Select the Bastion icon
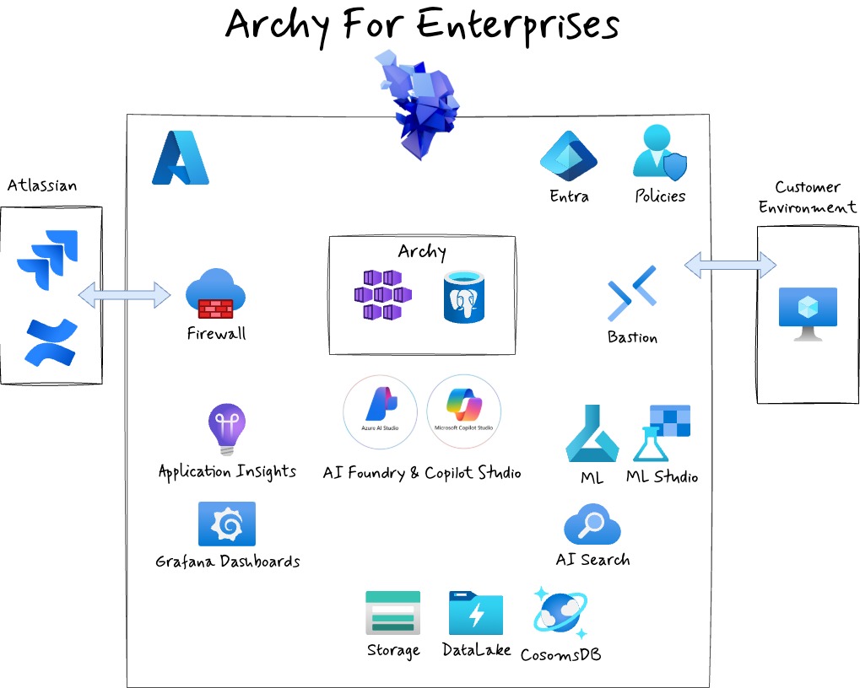632,293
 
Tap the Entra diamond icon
569,157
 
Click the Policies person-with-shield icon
660,153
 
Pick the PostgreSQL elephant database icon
464,296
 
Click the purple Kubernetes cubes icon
382,295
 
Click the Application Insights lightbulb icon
226,428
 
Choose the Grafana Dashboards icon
226,524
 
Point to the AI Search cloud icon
592,525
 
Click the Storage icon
392,613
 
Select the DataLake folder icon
476,613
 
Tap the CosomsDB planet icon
560,613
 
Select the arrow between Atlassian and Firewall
124,295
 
